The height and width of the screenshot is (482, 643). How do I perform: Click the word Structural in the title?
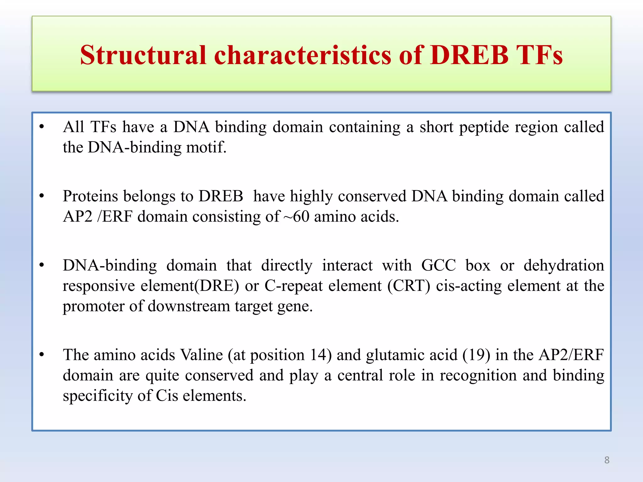[x=143, y=55]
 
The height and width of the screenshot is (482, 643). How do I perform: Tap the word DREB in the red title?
[x=469, y=55]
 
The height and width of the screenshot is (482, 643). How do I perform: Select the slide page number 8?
[x=607, y=460]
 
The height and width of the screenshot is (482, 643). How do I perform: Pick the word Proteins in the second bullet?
[x=90, y=196]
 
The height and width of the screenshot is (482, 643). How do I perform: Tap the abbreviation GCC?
[x=438, y=265]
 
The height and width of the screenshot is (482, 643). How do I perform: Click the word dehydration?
[x=564, y=265]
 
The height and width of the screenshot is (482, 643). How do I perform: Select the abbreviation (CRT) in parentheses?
[x=408, y=286]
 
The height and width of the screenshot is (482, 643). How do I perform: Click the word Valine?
[x=202, y=355]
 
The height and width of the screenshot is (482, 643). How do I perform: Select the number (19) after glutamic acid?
[x=476, y=355]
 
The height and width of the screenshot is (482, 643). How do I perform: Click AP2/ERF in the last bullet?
[x=571, y=355]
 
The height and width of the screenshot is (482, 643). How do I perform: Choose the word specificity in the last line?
[x=97, y=396]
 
